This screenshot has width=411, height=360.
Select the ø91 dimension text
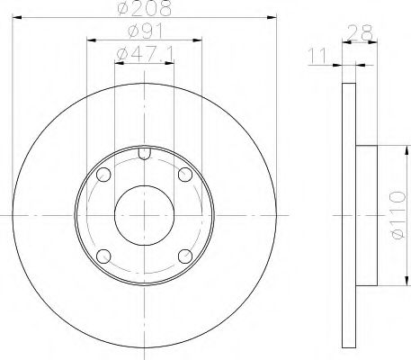(x=144, y=36)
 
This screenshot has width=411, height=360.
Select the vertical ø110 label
(x=396, y=216)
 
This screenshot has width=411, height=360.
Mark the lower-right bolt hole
(x=185, y=256)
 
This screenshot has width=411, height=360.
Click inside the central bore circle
(x=144, y=215)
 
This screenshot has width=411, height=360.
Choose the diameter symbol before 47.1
(x=123, y=58)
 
